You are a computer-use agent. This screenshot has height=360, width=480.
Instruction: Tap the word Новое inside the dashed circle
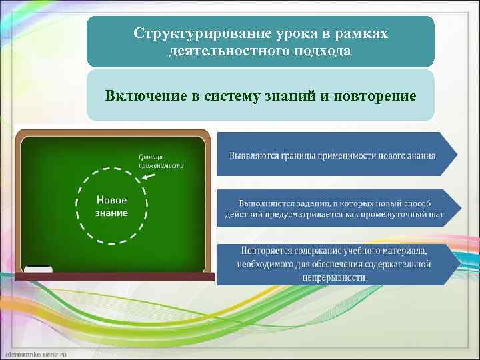click(x=111, y=200)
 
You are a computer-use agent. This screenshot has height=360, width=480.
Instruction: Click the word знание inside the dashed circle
click(x=111, y=213)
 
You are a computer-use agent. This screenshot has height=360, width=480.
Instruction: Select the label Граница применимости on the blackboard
click(x=161, y=161)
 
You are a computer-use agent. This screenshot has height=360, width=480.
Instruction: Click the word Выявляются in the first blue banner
click(x=253, y=156)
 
